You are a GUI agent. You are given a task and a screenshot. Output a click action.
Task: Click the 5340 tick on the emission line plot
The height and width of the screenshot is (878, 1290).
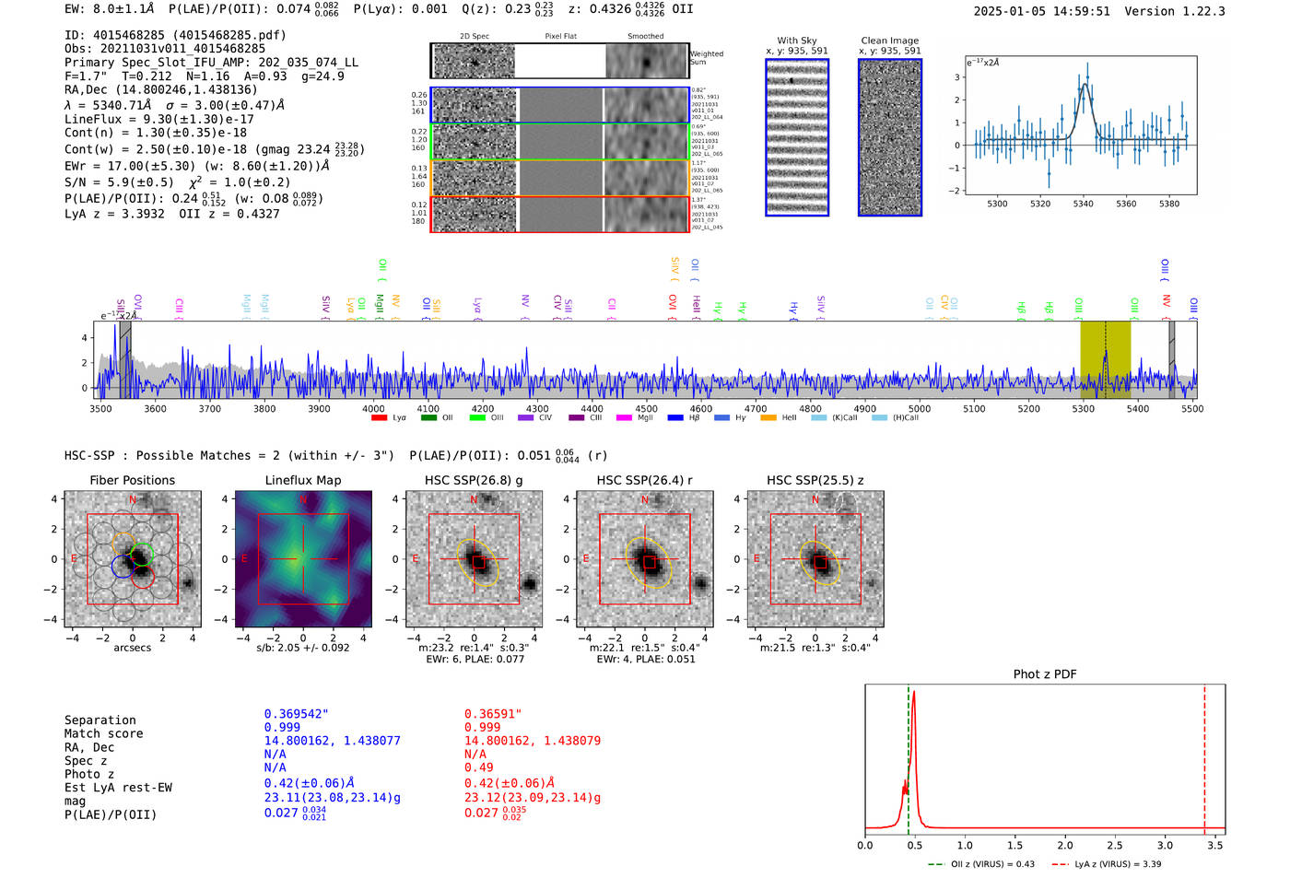pos(1083,204)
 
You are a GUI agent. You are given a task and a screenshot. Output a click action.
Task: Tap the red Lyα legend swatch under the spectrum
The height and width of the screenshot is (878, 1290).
pos(379,418)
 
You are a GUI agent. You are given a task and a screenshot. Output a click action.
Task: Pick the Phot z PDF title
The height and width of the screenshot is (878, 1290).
pos(1044,674)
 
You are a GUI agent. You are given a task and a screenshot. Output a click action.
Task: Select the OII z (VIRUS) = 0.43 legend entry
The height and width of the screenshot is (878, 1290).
pos(991,864)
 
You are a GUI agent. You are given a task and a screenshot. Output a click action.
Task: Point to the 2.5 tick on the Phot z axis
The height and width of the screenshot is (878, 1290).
pos(1115,845)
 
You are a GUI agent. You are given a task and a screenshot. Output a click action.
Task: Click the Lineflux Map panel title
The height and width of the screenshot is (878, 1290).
pos(302,480)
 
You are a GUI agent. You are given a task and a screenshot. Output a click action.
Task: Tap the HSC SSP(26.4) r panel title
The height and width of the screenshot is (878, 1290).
pos(644,480)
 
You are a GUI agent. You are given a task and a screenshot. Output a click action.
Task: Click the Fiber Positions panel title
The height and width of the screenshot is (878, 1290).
pos(132,480)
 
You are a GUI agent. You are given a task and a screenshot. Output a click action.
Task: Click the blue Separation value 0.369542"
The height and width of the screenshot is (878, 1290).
pos(296,714)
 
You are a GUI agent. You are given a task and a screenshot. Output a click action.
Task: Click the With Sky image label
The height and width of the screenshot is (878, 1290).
pos(796,41)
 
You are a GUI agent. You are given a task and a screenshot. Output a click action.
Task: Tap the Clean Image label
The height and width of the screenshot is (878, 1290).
pos(889,41)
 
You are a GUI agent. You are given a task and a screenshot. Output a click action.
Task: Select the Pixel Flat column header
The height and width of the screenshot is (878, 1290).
pos(560,36)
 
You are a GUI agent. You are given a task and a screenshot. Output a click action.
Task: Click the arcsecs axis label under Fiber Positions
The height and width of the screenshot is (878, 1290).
pos(132,648)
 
